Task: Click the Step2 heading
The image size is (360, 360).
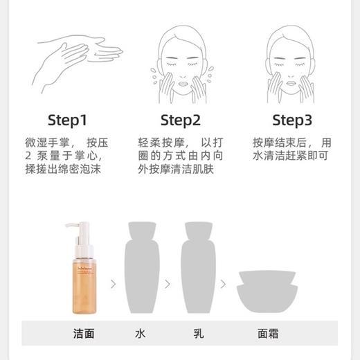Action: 180,120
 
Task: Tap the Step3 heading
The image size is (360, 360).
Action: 291,120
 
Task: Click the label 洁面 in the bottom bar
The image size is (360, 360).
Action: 84,333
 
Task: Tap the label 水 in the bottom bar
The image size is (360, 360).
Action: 141,333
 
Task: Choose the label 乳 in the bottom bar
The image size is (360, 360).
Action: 199,333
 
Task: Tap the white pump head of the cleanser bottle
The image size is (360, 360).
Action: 80,232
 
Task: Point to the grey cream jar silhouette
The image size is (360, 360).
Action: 267,292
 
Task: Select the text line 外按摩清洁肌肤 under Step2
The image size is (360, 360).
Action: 176,168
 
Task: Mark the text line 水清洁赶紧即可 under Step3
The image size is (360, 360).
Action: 290,156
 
